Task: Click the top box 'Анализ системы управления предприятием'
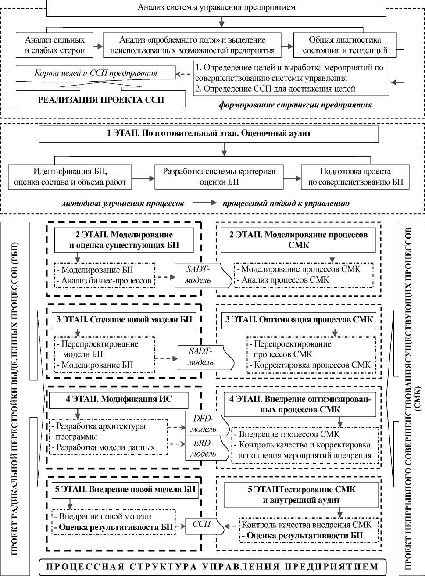[x=216, y=7]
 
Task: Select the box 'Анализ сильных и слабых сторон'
[x=55, y=45]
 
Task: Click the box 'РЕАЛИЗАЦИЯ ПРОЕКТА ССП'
[x=100, y=99]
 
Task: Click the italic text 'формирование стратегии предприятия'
[x=296, y=105]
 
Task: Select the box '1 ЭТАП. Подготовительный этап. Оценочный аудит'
[x=208, y=134]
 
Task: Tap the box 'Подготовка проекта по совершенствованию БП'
[x=355, y=176]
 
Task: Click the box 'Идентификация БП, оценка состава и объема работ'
[x=70, y=176]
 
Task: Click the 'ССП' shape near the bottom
[x=202, y=524]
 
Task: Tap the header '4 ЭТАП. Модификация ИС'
[x=119, y=400]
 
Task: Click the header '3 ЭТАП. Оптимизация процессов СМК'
[x=299, y=320]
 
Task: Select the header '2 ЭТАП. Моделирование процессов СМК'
[x=299, y=240]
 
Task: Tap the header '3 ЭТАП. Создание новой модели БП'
[x=124, y=320]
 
